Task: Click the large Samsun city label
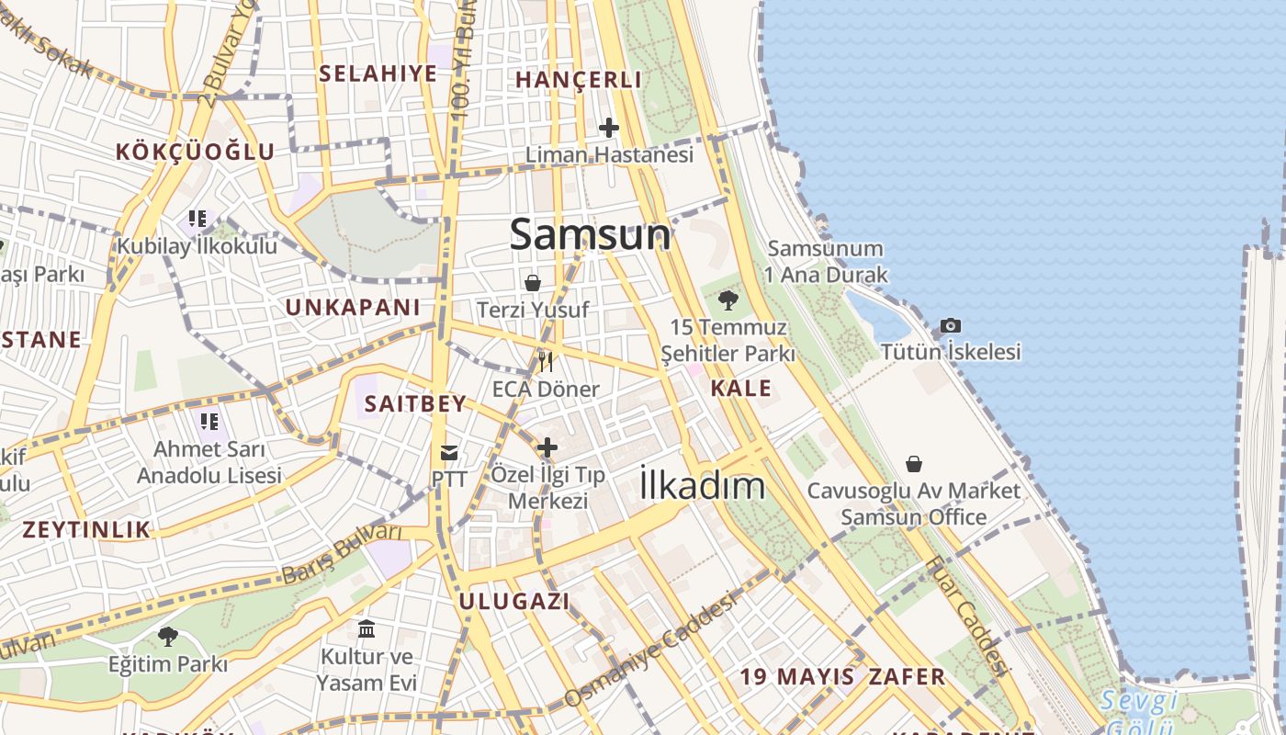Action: (x=590, y=234)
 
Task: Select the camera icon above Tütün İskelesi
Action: (x=951, y=326)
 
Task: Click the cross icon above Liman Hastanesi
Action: (x=608, y=128)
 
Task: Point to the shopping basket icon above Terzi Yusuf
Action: (x=533, y=283)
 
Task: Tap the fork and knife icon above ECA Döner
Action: (x=546, y=362)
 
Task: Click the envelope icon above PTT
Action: (x=449, y=452)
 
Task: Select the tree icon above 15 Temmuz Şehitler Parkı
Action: (x=728, y=300)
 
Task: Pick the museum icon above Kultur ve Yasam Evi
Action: (x=367, y=629)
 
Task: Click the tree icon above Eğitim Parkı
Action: (x=167, y=636)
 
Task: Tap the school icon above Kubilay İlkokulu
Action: (x=197, y=219)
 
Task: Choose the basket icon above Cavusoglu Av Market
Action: (x=913, y=464)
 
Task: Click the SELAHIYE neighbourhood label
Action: (x=378, y=74)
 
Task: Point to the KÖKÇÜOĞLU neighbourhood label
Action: (x=195, y=152)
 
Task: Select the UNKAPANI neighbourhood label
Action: (x=352, y=308)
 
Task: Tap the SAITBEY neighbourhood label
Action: (x=415, y=403)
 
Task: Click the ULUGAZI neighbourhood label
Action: (x=513, y=602)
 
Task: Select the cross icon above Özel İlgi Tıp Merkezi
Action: (x=547, y=447)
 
